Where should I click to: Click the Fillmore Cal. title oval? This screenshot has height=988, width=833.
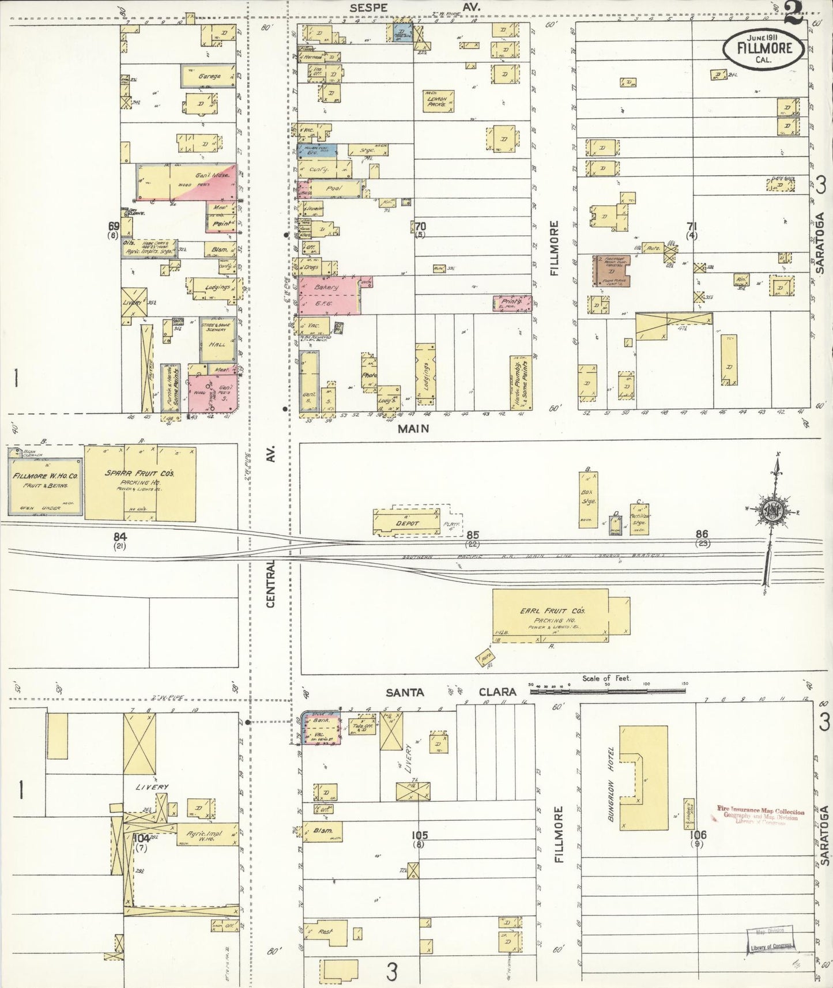(x=765, y=48)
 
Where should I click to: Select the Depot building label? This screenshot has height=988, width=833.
(x=407, y=523)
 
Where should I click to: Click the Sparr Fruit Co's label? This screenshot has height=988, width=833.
(x=140, y=477)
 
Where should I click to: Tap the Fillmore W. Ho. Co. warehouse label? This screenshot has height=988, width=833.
(x=44, y=480)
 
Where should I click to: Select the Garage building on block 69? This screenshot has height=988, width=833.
(x=209, y=76)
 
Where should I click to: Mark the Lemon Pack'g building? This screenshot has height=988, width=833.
(x=438, y=102)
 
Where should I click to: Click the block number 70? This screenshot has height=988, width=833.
(x=420, y=227)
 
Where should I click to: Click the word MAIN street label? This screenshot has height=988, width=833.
(x=413, y=428)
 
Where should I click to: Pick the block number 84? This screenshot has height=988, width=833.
(x=120, y=537)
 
